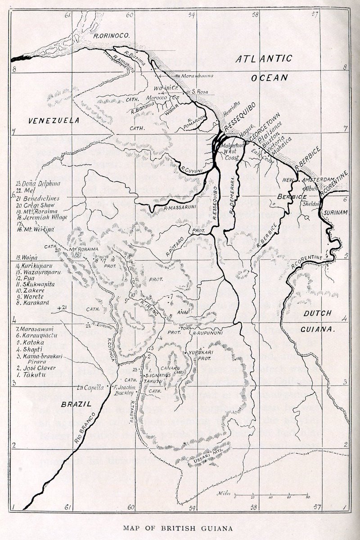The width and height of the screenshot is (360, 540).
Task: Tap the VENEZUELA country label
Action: coord(53,121)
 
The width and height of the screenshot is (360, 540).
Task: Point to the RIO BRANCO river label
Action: coord(85,427)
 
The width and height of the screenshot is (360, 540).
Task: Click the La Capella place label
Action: coord(90,387)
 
